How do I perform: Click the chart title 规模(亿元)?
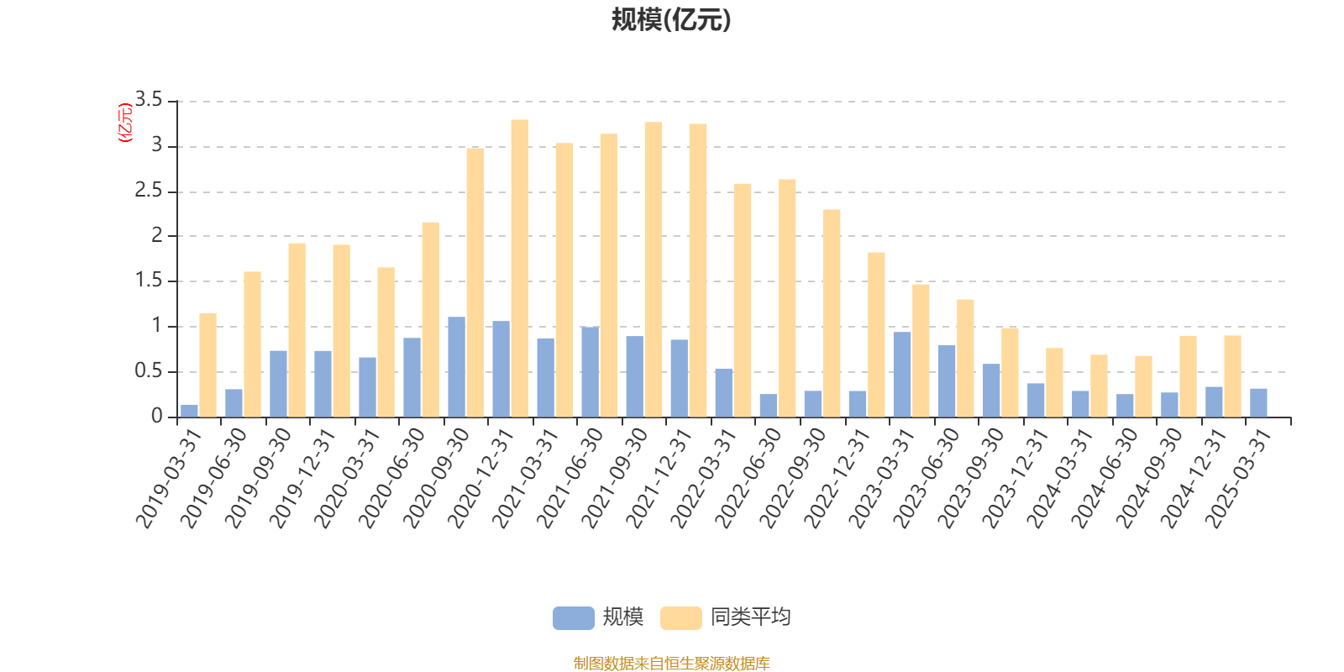point(671,20)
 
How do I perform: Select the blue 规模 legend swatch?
point(573,618)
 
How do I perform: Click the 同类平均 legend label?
point(750,618)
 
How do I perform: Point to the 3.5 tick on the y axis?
point(149,102)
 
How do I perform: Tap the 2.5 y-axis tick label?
point(149,192)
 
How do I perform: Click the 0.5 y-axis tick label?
point(149,371)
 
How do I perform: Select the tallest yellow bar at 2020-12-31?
point(520,269)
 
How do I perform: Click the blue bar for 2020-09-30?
point(456,367)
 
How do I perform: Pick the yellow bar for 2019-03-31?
point(207,365)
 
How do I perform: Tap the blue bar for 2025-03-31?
point(1258,402)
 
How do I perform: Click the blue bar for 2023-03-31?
point(902,375)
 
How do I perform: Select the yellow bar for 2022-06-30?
point(787,298)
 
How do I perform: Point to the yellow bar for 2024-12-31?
point(1232,376)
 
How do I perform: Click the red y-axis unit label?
point(124,123)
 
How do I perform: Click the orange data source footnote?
point(671,664)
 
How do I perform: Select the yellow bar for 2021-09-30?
point(654,270)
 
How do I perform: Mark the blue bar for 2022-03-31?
point(723,392)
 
